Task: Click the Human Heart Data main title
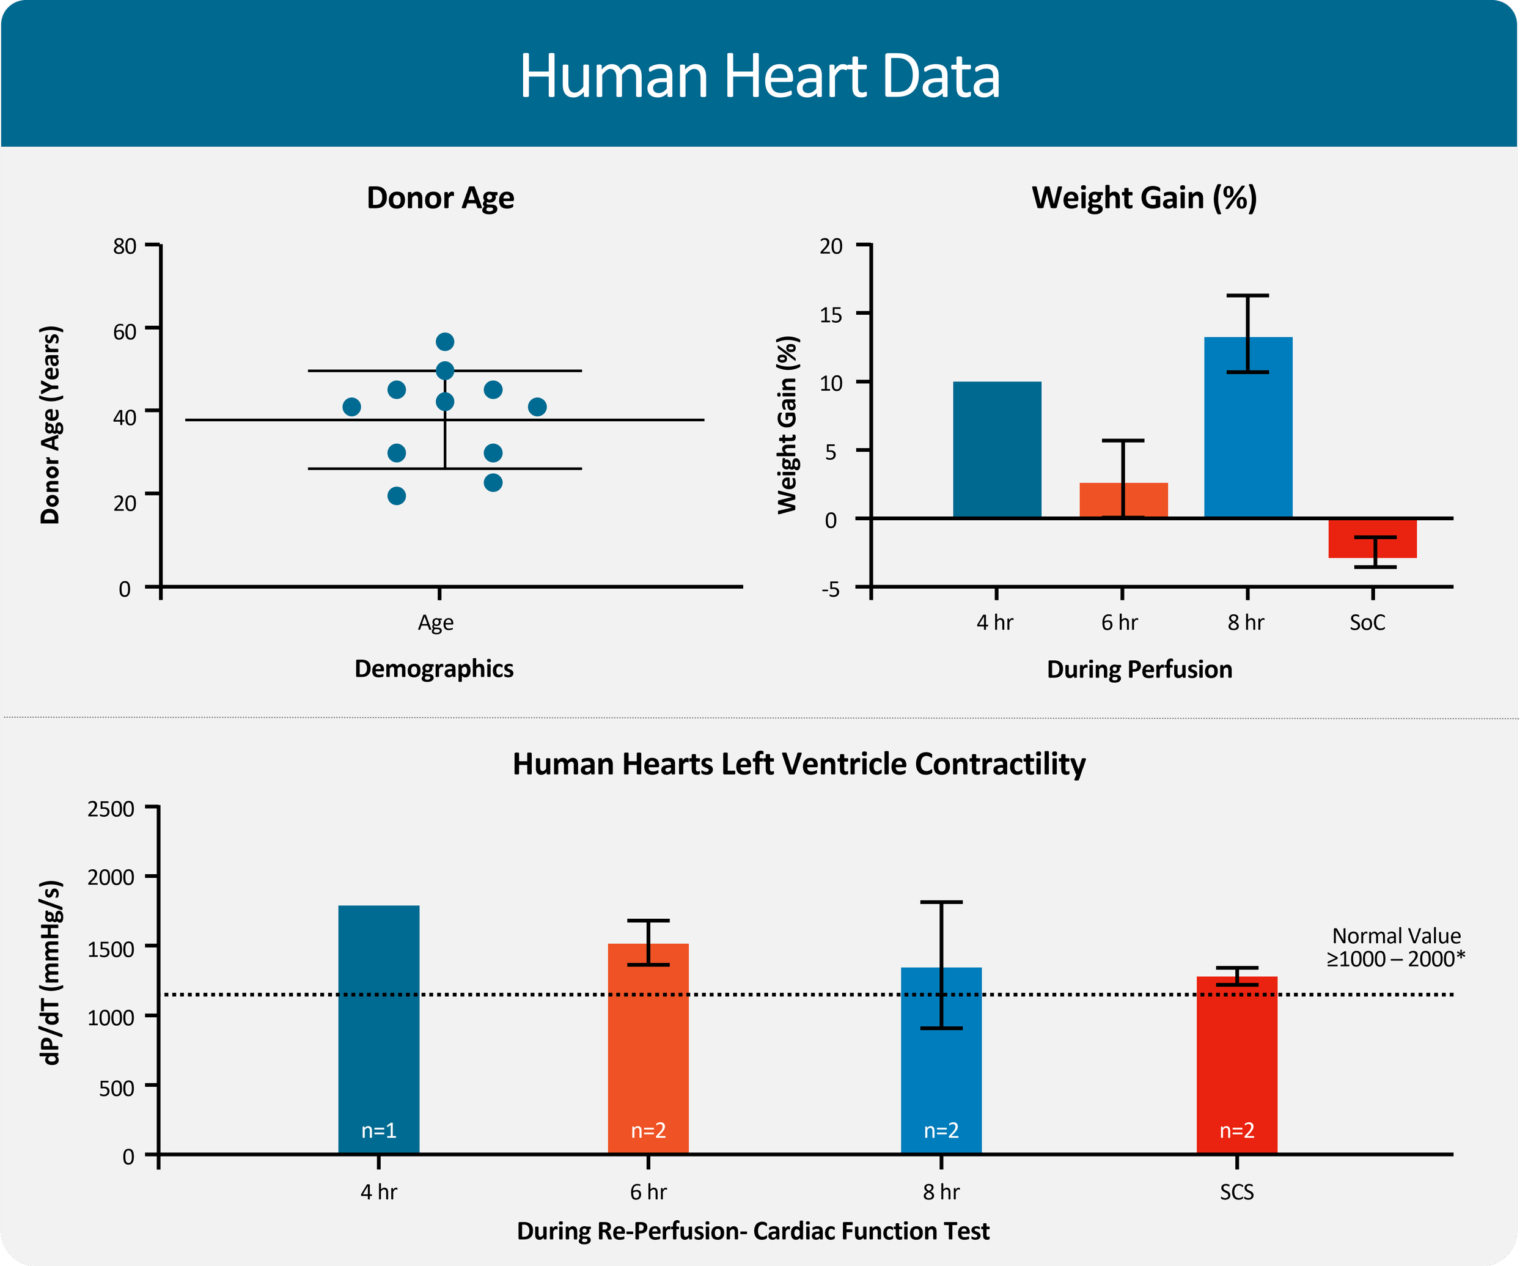(x=759, y=76)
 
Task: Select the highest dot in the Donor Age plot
(x=444, y=342)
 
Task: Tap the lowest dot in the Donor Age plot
(x=397, y=496)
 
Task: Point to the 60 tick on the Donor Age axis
(x=125, y=332)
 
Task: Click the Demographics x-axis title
(x=434, y=669)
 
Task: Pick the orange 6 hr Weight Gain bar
(x=1106, y=501)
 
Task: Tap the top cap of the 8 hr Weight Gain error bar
(x=1247, y=295)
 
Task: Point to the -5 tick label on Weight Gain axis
(x=830, y=589)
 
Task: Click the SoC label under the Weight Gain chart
(x=1367, y=623)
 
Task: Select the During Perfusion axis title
(x=1139, y=669)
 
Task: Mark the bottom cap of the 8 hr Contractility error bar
(x=941, y=1028)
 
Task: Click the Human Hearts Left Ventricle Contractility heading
(x=799, y=764)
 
